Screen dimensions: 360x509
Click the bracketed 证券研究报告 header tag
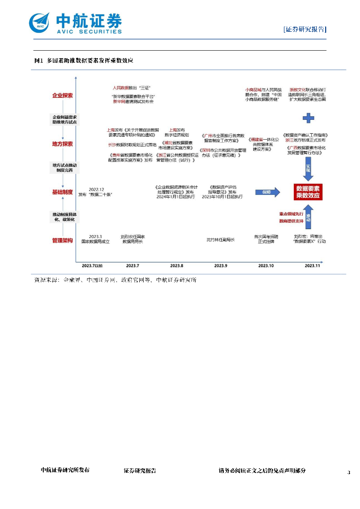(304, 29)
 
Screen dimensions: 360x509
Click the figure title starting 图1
(83, 60)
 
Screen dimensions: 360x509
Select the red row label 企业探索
(63, 95)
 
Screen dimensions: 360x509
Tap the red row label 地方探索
(63, 144)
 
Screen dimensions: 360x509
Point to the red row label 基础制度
(63, 191)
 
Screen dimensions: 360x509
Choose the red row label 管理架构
(63, 241)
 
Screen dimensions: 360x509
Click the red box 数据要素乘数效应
(308, 192)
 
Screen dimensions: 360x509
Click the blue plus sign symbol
(309, 118)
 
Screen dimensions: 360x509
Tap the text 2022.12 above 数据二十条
(96, 189)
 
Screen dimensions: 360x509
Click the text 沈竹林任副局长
(220, 239)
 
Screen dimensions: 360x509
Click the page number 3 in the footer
(349, 472)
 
